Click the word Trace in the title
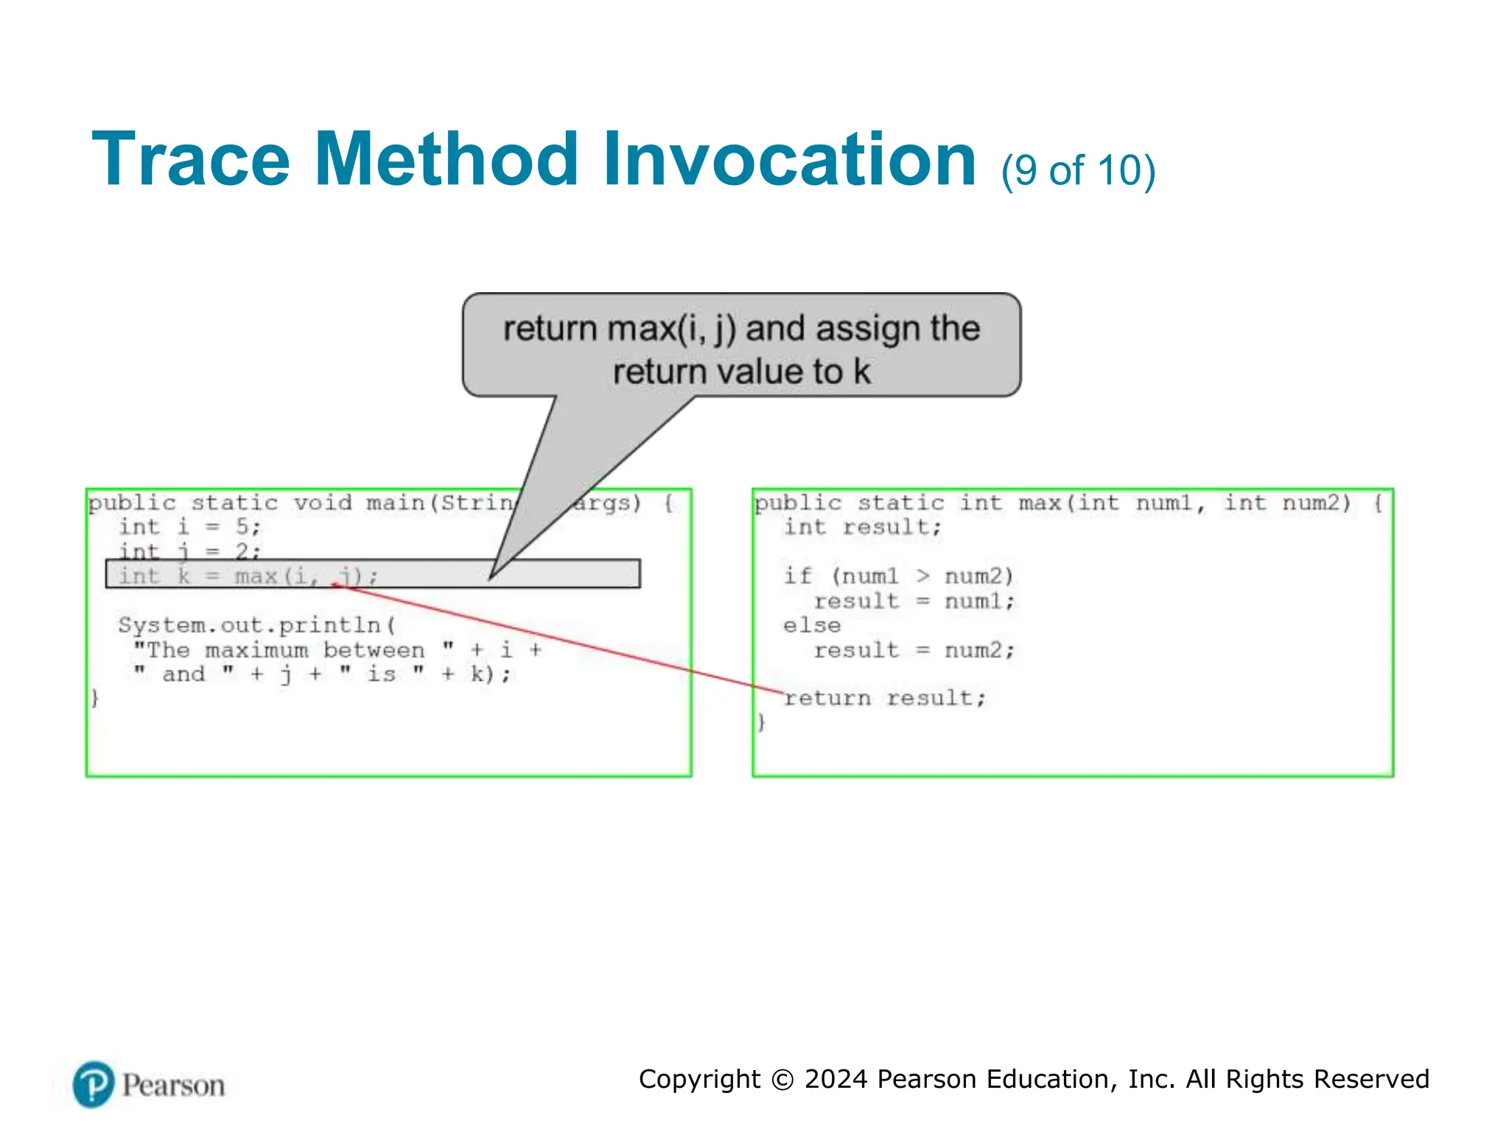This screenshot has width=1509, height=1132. pyautogui.click(x=190, y=160)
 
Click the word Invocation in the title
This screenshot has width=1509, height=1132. pyautogui.click(x=789, y=160)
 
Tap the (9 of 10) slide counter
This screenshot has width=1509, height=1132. pyautogui.click(x=1077, y=171)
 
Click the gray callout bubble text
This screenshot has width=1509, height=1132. pyautogui.click(x=741, y=349)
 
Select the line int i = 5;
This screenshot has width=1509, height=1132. pyautogui.click(x=190, y=527)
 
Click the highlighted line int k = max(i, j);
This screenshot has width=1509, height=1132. pyautogui.click(x=248, y=576)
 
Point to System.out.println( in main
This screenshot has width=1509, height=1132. pyautogui.click(x=256, y=625)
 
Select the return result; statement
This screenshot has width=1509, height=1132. pyautogui.click(x=884, y=698)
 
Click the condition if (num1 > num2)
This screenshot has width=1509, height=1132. pyautogui.click(x=898, y=576)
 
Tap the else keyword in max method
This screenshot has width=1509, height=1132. pyautogui.click(x=811, y=625)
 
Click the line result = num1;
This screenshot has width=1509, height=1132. pyautogui.click(x=914, y=601)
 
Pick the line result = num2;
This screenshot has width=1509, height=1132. pyautogui.click(x=914, y=650)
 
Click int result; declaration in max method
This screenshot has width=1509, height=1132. pyautogui.click(x=862, y=527)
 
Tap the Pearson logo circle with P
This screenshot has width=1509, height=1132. pyautogui.click(x=94, y=1084)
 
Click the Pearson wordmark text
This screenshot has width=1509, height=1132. pyautogui.click(x=173, y=1086)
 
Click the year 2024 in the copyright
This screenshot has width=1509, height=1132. pyautogui.click(x=836, y=1079)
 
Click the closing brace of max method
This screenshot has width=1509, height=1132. pyautogui.click(x=761, y=722)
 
